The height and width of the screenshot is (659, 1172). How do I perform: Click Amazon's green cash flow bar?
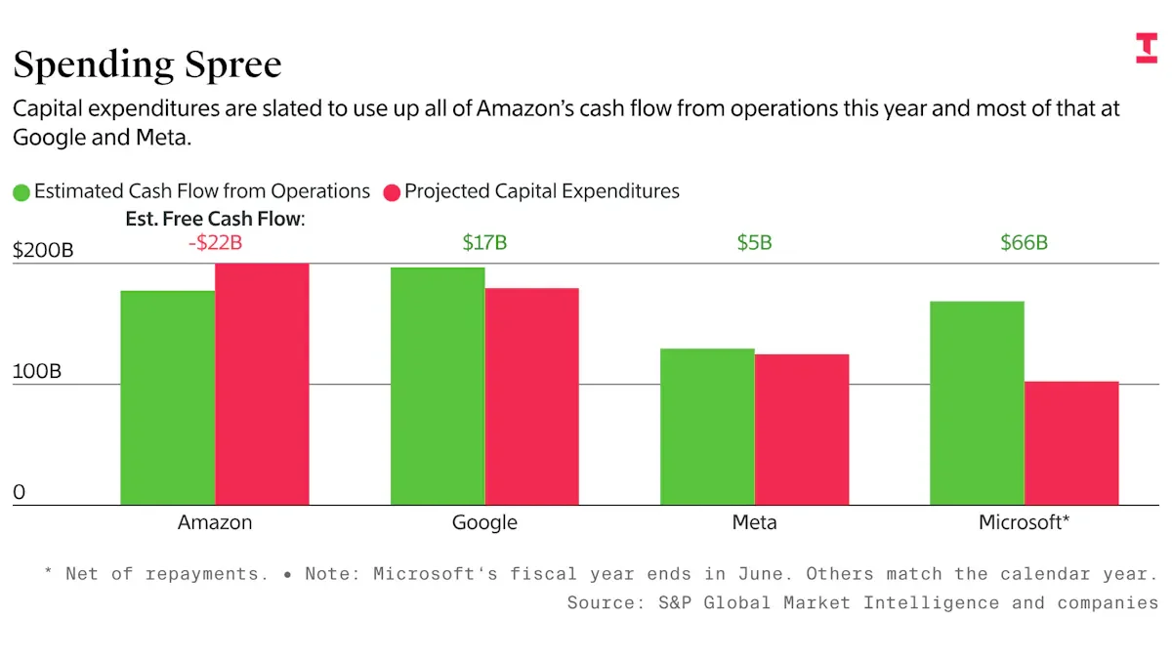(x=168, y=397)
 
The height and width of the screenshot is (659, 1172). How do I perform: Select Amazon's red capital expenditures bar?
(x=262, y=384)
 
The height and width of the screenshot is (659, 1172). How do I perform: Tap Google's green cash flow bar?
(x=438, y=386)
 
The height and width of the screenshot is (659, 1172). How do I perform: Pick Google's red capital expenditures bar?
(x=531, y=396)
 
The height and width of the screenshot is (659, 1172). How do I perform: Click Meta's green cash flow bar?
(x=707, y=427)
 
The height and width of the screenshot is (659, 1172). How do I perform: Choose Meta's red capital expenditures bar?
(x=801, y=430)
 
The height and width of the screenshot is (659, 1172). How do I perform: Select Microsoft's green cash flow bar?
(x=977, y=402)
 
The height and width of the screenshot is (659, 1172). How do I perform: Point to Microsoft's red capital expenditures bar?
(x=1070, y=442)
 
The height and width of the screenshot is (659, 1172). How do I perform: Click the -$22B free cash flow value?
(x=215, y=243)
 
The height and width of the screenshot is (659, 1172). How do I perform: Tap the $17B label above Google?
(x=484, y=243)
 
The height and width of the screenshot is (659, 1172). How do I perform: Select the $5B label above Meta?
(x=754, y=243)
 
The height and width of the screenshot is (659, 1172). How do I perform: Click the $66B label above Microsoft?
(x=1024, y=243)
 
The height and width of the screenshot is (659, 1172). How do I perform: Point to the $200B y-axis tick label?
(x=43, y=250)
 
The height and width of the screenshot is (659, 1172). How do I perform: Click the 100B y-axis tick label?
(x=37, y=372)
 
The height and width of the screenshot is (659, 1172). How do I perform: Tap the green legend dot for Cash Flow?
(x=21, y=192)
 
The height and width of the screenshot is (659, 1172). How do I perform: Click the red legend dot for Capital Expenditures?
(x=392, y=192)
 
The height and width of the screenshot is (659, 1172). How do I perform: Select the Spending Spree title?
(x=146, y=64)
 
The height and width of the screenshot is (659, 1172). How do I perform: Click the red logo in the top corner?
(x=1146, y=48)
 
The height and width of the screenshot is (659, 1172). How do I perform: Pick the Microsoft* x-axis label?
(x=1024, y=522)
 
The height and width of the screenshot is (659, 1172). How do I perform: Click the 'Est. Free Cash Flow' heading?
(x=215, y=219)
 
